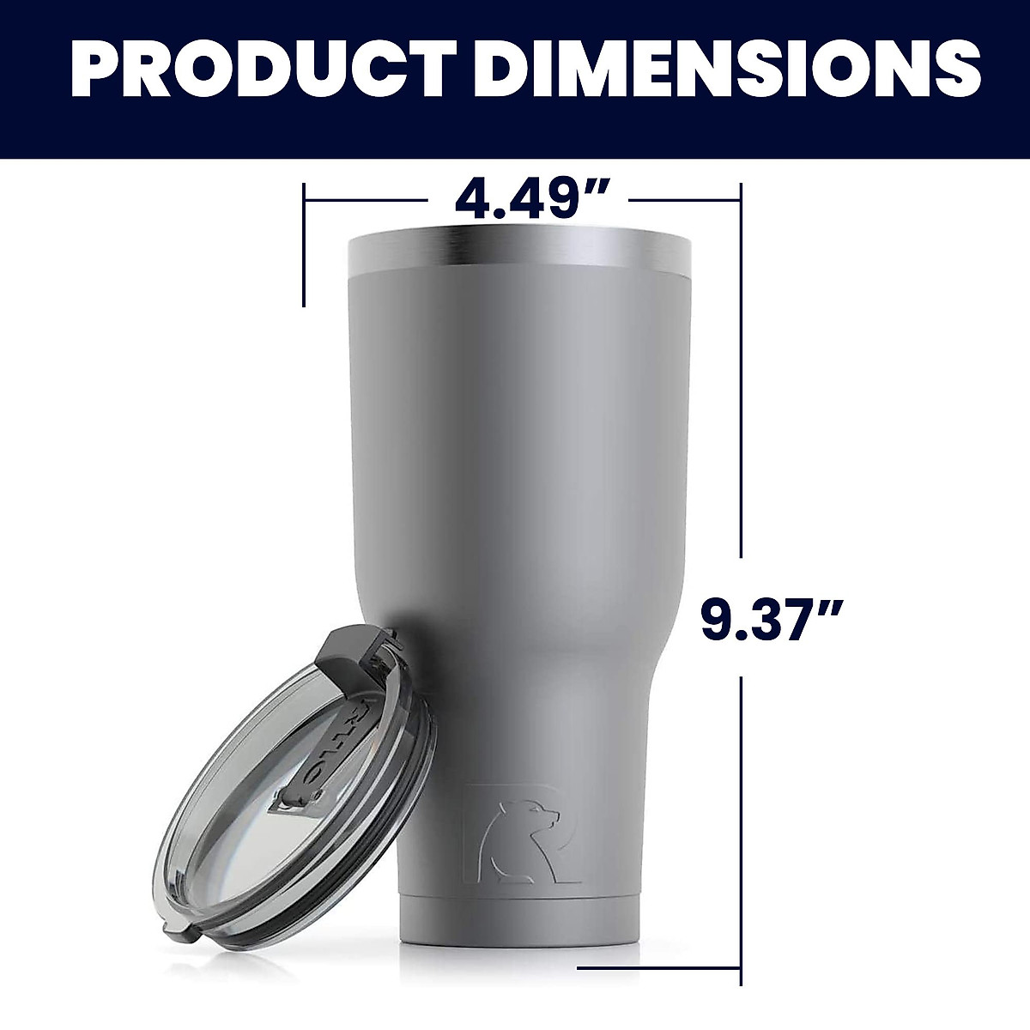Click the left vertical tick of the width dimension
click(x=304, y=245)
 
